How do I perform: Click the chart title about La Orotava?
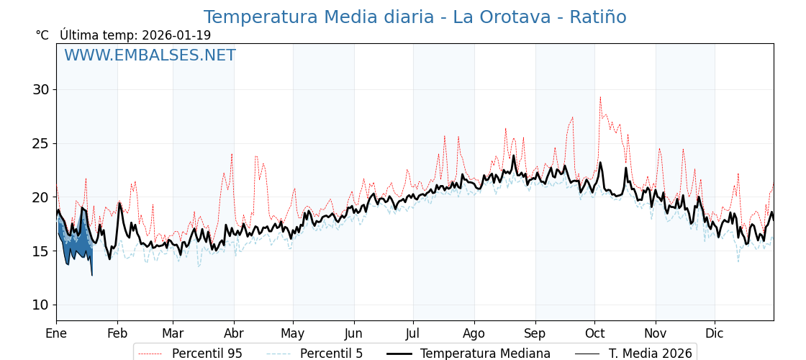pyautogui.click(x=415, y=17)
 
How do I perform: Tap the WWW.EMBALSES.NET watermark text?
pyautogui.click(x=150, y=55)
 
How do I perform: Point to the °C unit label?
pyautogui.click(x=42, y=35)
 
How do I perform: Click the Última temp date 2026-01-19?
pyautogui.click(x=176, y=35)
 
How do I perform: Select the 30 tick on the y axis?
pyautogui.click(x=40, y=89)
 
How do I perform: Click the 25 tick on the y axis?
pyautogui.click(x=40, y=143)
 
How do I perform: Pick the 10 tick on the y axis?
pyautogui.click(x=40, y=305)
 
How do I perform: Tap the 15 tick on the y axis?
pyautogui.click(x=40, y=251)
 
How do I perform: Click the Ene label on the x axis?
pyautogui.click(x=56, y=333)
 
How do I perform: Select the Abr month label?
pyautogui.click(x=234, y=333)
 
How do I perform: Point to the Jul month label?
pyautogui.click(x=413, y=333)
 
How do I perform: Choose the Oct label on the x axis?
pyautogui.click(x=594, y=333)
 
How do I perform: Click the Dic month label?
pyautogui.click(x=715, y=333)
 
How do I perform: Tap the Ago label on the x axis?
pyautogui.click(x=474, y=333)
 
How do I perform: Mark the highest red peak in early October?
pyautogui.click(x=600, y=98)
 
